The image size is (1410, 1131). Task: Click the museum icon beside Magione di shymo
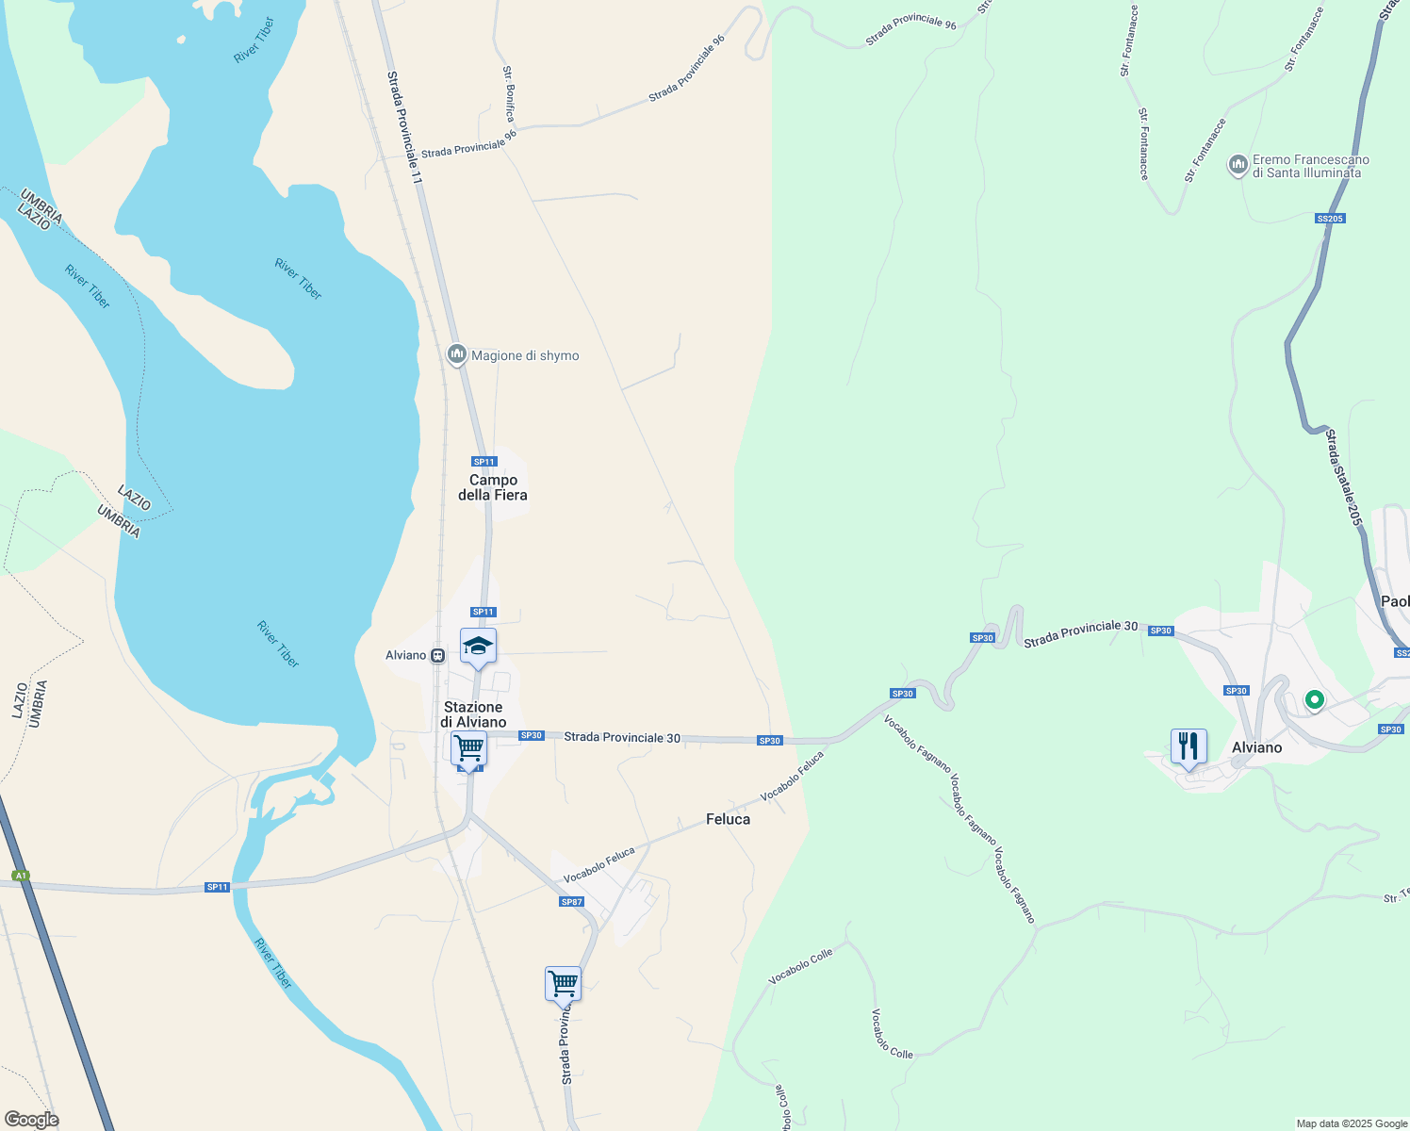point(457,354)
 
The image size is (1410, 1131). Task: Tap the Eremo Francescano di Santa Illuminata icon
point(1238,166)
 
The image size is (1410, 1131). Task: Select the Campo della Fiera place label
point(493,487)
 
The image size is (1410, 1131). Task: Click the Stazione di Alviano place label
point(473,714)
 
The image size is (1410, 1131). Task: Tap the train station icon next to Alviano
point(438,655)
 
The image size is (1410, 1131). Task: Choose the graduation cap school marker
point(478,647)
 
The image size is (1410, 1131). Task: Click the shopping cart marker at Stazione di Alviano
point(468,749)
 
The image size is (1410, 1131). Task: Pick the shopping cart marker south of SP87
point(563,984)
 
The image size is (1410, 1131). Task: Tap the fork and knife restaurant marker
point(1189,746)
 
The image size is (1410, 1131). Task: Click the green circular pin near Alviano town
point(1314,699)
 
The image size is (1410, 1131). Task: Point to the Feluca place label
point(729,819)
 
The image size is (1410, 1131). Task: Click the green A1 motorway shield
point(21,876)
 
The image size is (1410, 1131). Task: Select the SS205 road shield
point(1330,219)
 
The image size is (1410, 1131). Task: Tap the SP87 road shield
point(572,902)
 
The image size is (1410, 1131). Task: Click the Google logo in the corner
point(31,1120)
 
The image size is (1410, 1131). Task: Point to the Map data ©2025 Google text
point(1352,1123)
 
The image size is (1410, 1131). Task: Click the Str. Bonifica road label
point(509,93)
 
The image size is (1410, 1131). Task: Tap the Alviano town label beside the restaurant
point(1257,747)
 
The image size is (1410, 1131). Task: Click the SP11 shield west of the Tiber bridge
point(218,887)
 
